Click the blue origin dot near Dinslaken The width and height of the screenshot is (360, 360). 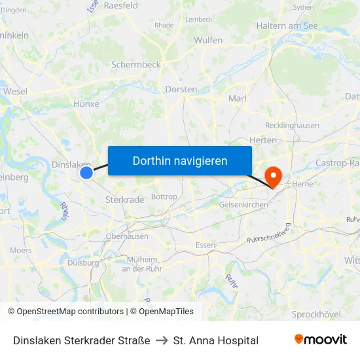[86, 173]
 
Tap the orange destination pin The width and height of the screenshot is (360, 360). [272, 175]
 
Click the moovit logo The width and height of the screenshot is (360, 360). [321, 340]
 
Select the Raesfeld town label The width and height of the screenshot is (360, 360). [120, 5]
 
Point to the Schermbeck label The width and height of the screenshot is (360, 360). [135, 65]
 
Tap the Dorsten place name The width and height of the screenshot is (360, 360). [181, 89]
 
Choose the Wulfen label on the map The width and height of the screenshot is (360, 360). [208, 41]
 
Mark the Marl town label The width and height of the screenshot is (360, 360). [237, 98]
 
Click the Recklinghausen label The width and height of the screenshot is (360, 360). [292, 125]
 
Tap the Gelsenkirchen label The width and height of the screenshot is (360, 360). [243, 204]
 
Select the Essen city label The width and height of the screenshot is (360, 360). [205, 245]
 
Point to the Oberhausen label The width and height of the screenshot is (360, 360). [127, 236]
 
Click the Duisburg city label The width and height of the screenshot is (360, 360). [82, 262]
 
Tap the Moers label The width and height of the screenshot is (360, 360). [21, 251]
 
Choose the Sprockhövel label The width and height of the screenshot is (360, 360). [316, 314]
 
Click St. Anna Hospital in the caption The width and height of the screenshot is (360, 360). [216, 340]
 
